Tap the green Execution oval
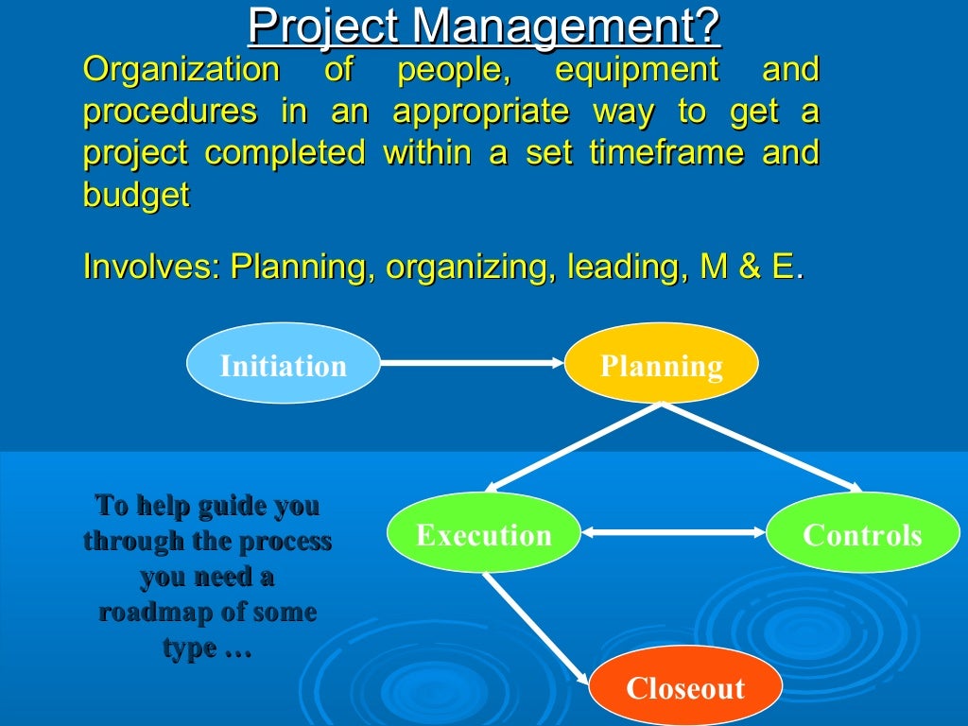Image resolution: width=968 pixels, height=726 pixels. [484, 534]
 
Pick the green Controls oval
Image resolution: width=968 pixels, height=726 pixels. [861, 534]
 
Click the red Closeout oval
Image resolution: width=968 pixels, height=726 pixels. [685, 686]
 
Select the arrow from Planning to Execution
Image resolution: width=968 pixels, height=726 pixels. [572, 448]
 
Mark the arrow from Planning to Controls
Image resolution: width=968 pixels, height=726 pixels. [761, 448]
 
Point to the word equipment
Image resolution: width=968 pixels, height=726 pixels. [636, 70]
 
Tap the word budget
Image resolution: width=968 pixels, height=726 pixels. [136, 195]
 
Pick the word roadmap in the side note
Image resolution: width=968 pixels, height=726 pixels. [155, 613]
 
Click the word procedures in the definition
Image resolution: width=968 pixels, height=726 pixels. [170, 112]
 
